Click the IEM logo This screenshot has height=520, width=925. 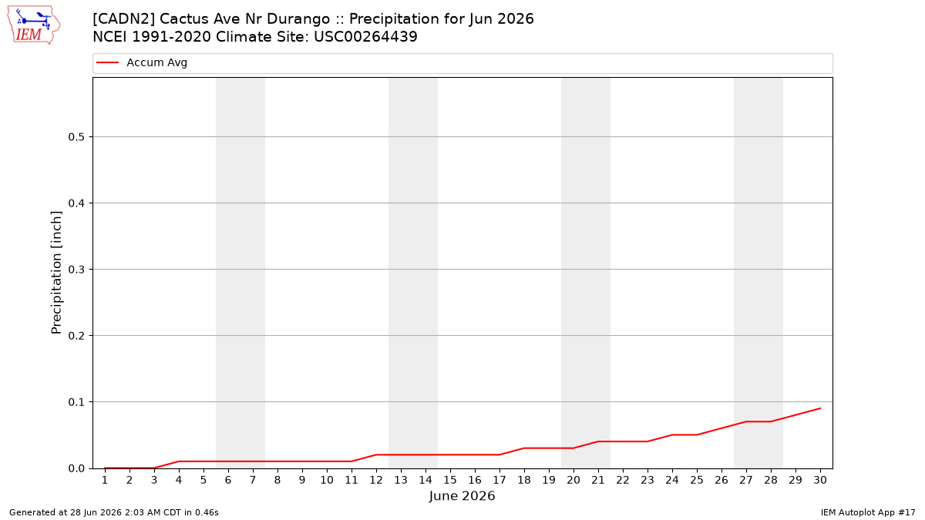tap(34, 25)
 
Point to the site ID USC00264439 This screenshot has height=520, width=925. tap(365, 37)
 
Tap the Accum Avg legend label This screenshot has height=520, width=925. tap(157, 62)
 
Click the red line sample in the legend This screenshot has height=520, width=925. tap(107, 62)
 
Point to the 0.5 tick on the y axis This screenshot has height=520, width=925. tap(76, 137)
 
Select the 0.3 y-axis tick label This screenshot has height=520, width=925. tap(76, 270)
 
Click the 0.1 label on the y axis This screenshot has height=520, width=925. tap(76, 402)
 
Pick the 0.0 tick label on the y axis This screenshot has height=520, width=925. tap(76, 468)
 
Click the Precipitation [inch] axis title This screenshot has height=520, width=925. tap(56, 273)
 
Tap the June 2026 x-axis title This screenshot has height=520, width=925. tap(462, 496)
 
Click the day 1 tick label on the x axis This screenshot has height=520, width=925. tap(105, 481)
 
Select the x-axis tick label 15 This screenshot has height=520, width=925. tap(450, 481)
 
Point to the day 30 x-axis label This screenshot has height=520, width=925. tap(820, 481)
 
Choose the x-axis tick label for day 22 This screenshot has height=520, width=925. tap(623, 481)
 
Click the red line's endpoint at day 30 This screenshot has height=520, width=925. tap(820, 408)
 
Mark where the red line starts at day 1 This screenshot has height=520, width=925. tap(105, 468)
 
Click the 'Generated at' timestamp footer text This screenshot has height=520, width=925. tap(114, 512)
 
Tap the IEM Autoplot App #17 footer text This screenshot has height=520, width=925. tap(868, 512)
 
